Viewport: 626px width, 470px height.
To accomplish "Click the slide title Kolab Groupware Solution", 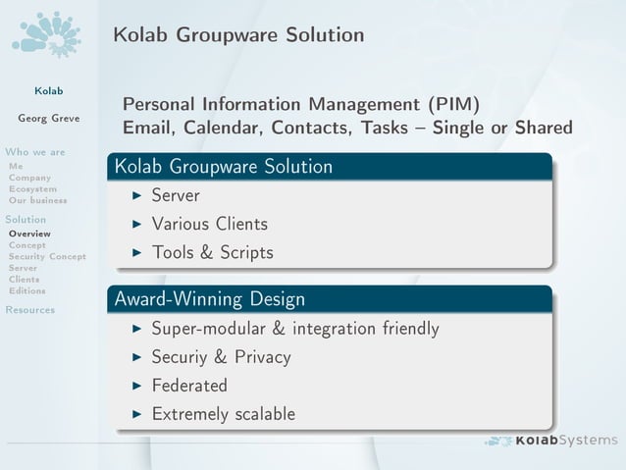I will (x=238, y=35).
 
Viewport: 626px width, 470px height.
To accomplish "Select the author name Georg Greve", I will (x=49, y=119).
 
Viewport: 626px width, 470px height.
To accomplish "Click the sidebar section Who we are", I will (x=35, y=152).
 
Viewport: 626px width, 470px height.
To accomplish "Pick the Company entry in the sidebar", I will (x=29, y=178).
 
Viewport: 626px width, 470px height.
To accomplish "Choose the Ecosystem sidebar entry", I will (x=32, y=188).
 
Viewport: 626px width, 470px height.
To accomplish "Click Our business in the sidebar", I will (x=37, y=200).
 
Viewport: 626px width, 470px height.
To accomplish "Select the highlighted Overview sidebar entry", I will (x=29, y=234).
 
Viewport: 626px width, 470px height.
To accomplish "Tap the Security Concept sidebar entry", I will (x=47, y=256).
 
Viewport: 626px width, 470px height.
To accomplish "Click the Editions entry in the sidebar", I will (x=26, y=290).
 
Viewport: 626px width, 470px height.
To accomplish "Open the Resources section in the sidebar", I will (x=29, y=310).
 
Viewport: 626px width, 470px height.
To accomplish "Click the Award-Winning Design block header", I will (x=210, y=298).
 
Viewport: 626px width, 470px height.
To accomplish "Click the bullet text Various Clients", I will (x=209, y=224).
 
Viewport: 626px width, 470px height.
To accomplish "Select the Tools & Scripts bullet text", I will (x=212, y=252).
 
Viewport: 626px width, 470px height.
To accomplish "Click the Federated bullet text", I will (x=189, y=386).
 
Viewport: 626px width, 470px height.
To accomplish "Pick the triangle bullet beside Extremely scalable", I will (x=137, y=414).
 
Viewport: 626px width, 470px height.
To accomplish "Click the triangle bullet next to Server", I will (x=137, y=196).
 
